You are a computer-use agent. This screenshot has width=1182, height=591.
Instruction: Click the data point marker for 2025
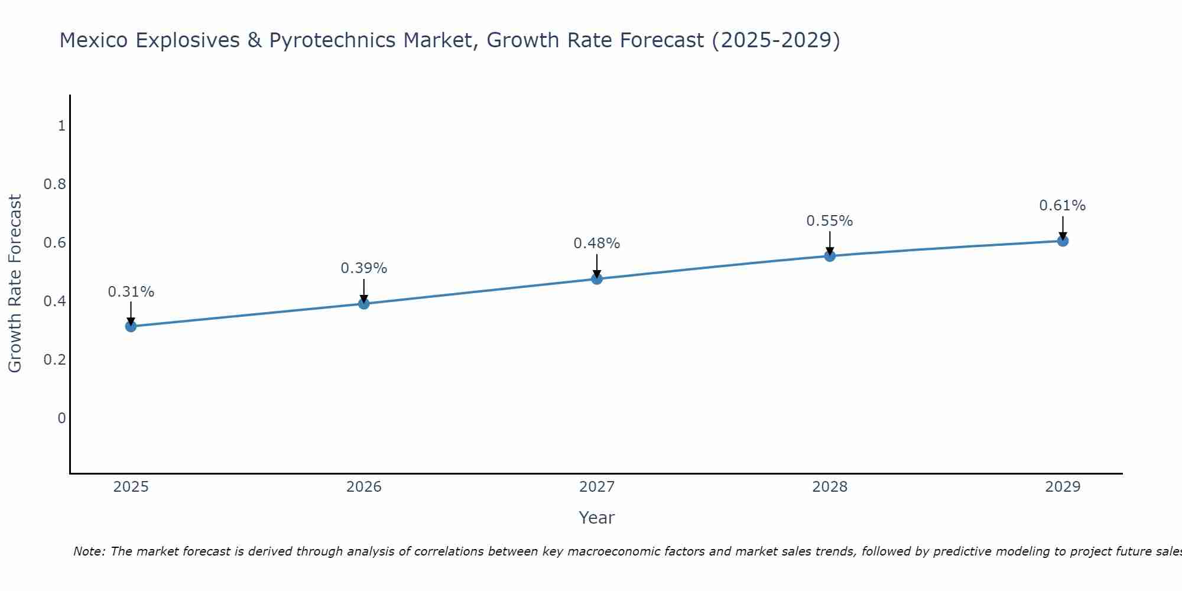pyautogui.click(x=131, y=326)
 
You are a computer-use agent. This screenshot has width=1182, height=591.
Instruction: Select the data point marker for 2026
pyautogui.click(x=364, y=304)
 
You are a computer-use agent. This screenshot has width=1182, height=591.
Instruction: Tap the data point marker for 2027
pyautogui.click(x=597, y=279)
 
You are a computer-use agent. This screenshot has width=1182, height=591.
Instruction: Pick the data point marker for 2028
pyautogui.click(x=830, y=256)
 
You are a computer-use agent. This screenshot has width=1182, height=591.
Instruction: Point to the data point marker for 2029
pyautogui.click(x=1063, y=241)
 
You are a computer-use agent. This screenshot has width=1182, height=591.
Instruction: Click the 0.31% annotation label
pyautogui.click(x=131, y=292)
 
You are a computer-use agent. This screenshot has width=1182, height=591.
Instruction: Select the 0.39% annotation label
pyautogui.click(x=364, y=268)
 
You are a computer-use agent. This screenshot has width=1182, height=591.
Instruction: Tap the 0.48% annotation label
pyautogui.click(x=597, y=243)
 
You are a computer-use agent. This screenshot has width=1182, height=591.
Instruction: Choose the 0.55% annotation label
pyautogui.click(x=830, y=221)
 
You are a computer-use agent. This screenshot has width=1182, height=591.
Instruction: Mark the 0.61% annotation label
pyautogui.click(x=1063, y=206)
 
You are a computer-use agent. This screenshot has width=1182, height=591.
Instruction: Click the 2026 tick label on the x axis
pyautogui.click(x=364, y=487)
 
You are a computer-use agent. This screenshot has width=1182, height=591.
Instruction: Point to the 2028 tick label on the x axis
pyautogui.click(x=830, y=487)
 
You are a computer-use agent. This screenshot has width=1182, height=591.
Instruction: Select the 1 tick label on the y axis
pyautogui.click(x=61, y=126)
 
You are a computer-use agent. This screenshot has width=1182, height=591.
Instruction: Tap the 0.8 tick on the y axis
pyautogui.click(x=55, y=184)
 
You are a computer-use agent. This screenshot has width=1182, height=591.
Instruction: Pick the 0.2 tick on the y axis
pyautogui.click(x=55, y=360)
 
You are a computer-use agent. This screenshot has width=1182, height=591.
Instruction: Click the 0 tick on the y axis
pyautogui.click(x=61, y=418)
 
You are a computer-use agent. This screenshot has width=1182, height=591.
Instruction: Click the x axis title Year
pyautogui.click(x=597, y=518)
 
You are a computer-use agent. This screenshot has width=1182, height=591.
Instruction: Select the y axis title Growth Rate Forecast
pyautogui.click(x=15, y=284)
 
